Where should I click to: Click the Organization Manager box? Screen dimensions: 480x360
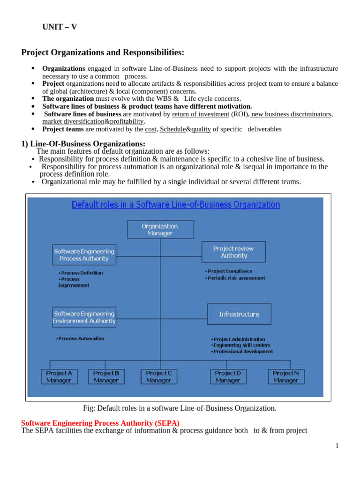[x=160, y=229]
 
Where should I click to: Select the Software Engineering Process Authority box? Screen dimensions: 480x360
[x=84, y=255]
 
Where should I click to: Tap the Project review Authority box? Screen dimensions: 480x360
[x=233, y=252]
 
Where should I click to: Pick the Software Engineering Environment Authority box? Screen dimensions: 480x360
[x=84, y=317]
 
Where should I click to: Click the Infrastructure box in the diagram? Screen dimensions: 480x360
[x=239, y=314]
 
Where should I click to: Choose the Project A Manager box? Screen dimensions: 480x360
[x=59, y=376]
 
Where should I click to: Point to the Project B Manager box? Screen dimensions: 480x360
[x=106, y=376]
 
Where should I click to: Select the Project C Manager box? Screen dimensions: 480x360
[x=159, y=376]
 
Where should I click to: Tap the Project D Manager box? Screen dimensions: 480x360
[x=228, y=376]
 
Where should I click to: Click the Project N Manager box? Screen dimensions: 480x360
[x=286, y=376]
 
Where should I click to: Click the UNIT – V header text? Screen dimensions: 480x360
[x=60, y=27]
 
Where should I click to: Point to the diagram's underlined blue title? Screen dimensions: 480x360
[x=175, y=205]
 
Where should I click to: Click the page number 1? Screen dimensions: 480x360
[x=337, y=446]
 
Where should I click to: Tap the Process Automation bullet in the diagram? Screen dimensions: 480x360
[x=81, y=338]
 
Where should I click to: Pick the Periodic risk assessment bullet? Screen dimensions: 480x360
[x=236, y=278]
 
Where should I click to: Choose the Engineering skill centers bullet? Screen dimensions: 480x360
[x=242, y=345]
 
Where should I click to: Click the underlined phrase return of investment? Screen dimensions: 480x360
[x=200, y=114]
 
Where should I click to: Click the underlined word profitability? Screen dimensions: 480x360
[x=127, y=121]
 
